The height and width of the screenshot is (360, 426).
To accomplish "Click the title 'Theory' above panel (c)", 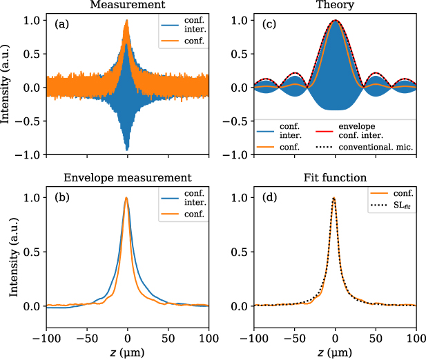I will tap(335, 6).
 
